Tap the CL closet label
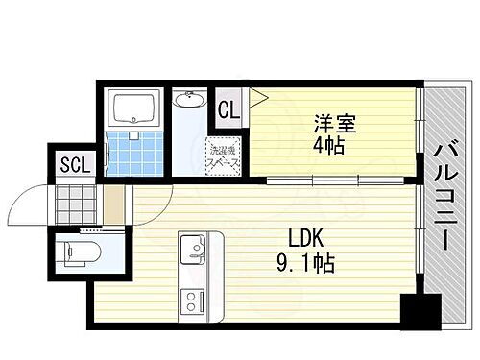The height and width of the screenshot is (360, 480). coord(228,108)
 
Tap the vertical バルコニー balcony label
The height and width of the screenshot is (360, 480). coord(445,197)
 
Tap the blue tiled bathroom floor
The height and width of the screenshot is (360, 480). coord(132,152)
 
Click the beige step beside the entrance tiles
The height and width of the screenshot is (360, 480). coord(114,203)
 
